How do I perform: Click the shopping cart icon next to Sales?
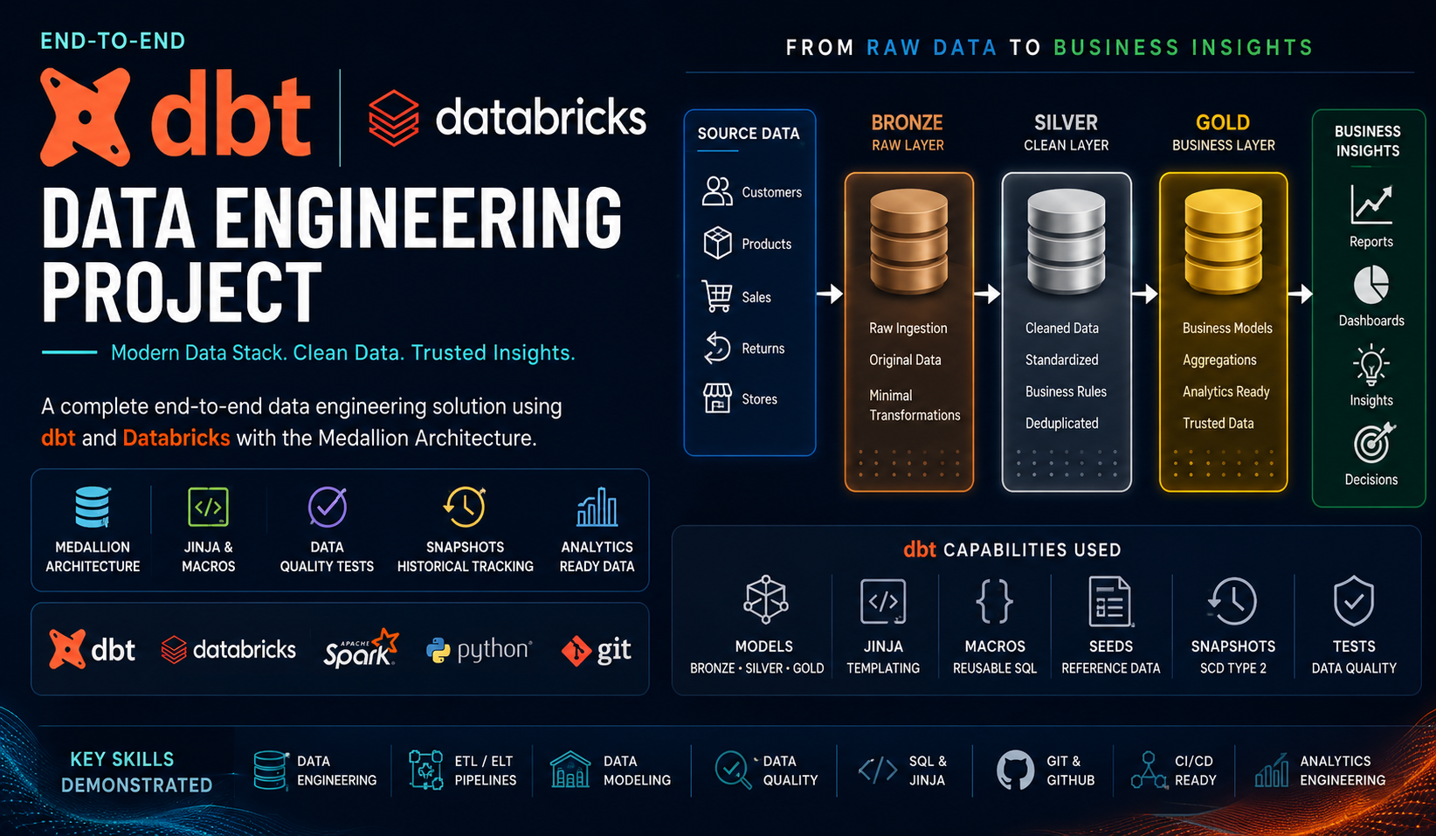[x=717, y=296]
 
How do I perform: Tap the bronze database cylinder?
[x=908, y=242]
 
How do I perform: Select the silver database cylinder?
[x=1067, y=242]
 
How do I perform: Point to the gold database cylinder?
[x=1223, y=242]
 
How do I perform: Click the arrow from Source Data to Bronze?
[x=830, y=294]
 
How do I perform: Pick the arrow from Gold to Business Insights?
[x=1300, y=294]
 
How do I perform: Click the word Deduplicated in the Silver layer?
[x=1061, y=423]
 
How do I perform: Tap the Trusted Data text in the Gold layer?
[x=1218, y=423]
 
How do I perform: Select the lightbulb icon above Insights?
[x=1370, y=364]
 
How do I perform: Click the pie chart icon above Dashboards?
[x=1371, y=285]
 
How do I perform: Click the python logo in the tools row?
[x=479, y=649]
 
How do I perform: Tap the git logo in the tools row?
[x=597, y=650]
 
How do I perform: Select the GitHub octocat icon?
[x=1015, y=770]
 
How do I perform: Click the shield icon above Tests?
[x=1353, y=601]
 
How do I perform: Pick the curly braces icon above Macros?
[x=994, y=601]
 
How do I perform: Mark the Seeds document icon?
[x=1110, y=601]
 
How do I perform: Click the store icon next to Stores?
[x=717, y=398]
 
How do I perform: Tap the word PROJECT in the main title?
[x=182, y=293]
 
